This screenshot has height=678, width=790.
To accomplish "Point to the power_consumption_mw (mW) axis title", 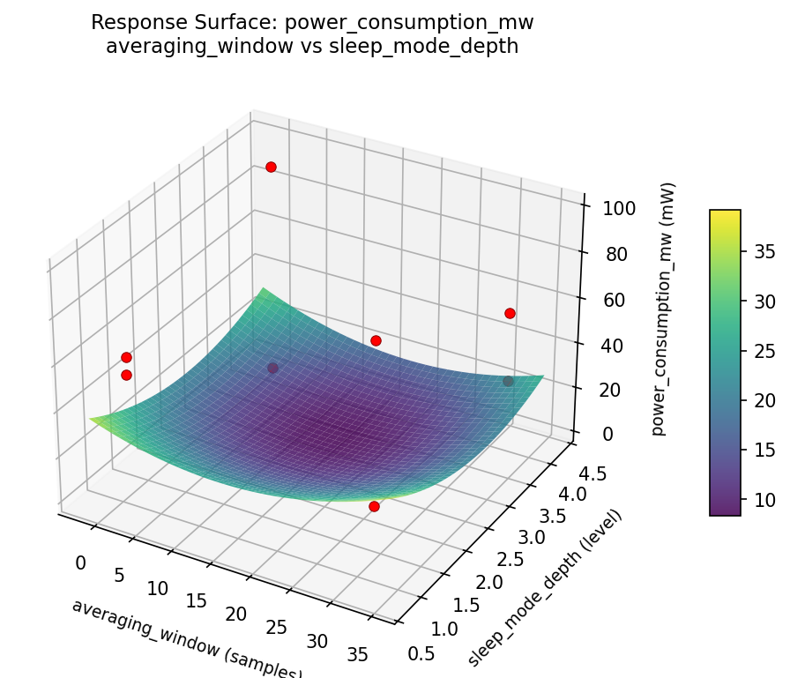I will pyautogui.click(x=669, y=309).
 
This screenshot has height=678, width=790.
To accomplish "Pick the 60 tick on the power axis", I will pyautogui.click(x=606, y=300).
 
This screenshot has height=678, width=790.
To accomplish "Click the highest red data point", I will pyautogui.click(x=271, y=167).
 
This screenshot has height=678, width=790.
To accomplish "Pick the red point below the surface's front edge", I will pyautogui.click(x=374, y=506).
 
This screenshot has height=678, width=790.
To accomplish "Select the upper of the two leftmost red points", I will pyautogui.click(x=126, y=357).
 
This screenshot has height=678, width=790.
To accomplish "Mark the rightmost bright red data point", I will pyautogui.click(x=510, y=313).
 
